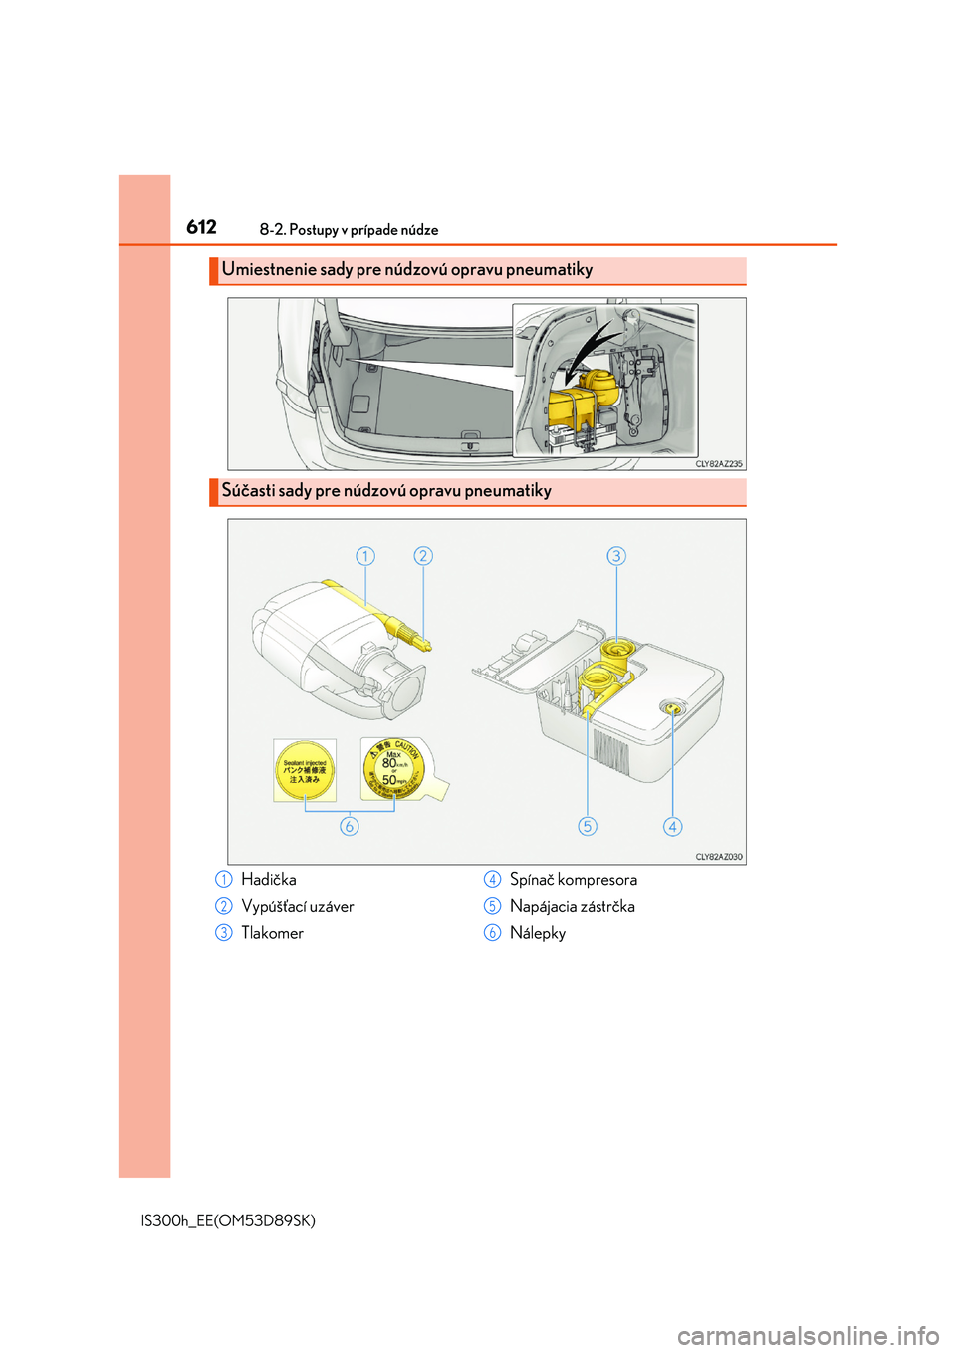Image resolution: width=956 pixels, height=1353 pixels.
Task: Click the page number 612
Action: (201, 227)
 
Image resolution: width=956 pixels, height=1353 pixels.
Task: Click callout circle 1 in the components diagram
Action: (365, 556)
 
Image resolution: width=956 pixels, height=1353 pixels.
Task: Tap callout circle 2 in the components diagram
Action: (423, 556)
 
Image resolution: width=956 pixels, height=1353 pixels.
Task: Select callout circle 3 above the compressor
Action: (616, 556)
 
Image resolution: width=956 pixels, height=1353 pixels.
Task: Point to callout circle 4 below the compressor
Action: (673, 826)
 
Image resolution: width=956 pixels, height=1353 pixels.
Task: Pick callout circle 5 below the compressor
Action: (588, 826)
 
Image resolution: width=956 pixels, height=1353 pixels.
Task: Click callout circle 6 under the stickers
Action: (349, 826)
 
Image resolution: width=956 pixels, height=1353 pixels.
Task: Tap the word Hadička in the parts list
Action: (268, 880)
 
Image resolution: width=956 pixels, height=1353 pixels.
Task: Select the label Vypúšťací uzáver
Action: (297, 907)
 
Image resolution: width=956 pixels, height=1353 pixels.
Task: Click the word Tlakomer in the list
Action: (272, 933)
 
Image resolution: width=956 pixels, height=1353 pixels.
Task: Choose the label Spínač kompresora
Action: (573, 880)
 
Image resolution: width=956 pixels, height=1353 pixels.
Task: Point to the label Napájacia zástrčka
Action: (572, 907)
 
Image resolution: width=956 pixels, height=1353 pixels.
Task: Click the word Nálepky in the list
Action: (537, 933)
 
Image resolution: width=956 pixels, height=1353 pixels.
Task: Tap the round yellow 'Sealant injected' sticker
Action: (305, 770)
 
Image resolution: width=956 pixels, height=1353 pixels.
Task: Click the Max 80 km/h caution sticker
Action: (394, 769)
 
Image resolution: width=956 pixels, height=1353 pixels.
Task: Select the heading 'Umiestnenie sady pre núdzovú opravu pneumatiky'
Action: (406, 270)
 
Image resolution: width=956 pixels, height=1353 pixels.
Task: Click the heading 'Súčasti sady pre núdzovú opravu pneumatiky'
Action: (386, 491)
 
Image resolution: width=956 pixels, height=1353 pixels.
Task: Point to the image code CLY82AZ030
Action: (718, 857)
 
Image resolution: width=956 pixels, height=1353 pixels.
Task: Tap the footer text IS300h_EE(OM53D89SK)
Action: (228, 1220)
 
